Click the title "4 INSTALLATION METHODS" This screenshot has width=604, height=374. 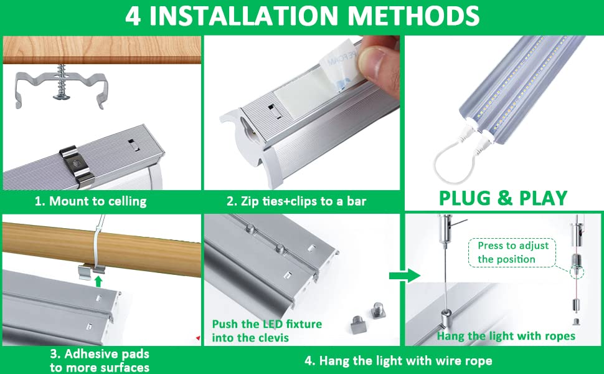[x=302, y=16]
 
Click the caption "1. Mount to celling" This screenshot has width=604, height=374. [x=90, y=201]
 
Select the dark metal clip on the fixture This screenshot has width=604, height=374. [x=77, y=165]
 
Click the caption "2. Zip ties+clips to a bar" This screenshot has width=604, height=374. [x=296, y=201]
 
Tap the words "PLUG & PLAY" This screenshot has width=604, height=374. [x=503, y=198]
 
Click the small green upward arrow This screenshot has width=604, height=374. [x=98, y=280]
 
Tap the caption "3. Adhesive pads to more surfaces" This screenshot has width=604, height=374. [x=100, y=360]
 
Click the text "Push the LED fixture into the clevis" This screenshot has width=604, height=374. [x=267, y=331]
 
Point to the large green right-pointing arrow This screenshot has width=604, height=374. [x=405, y=276]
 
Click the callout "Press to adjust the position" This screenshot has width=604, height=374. [x=512, y=252]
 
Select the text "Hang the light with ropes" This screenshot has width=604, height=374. [x=506, y=336]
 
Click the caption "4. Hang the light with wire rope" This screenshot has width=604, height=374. [x=399, y=360]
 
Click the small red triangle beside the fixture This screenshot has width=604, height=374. [x=198, y=338]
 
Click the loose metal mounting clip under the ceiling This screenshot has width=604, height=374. [x=61, y=89]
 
